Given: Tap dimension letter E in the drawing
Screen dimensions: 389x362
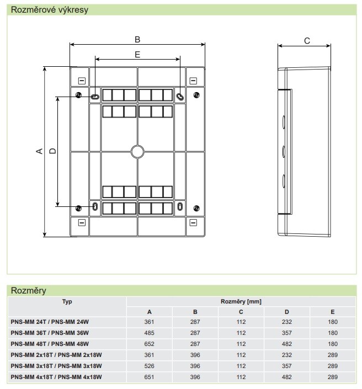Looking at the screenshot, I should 137,54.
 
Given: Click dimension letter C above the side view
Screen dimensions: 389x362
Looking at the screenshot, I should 307,40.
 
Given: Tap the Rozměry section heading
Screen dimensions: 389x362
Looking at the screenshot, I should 28,290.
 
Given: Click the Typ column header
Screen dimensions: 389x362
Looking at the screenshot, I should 67,301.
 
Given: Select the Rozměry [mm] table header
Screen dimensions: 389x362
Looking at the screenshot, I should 241,301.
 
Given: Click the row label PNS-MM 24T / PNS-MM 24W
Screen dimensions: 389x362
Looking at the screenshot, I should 50,323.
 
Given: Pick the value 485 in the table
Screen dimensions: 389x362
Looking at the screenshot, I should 149,333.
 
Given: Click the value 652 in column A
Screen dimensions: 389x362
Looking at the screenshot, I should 149,344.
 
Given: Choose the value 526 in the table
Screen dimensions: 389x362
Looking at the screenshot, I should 149,366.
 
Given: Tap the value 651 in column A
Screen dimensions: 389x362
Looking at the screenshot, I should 149,377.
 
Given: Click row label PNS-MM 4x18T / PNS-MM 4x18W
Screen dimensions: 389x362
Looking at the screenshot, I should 57,377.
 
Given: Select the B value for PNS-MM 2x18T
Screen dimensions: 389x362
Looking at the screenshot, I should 195,355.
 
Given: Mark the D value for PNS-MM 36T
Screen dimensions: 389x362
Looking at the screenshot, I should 286,333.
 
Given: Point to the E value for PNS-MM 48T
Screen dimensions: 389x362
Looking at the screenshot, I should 332,344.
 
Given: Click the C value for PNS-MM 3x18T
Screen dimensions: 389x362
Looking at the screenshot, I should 241,366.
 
